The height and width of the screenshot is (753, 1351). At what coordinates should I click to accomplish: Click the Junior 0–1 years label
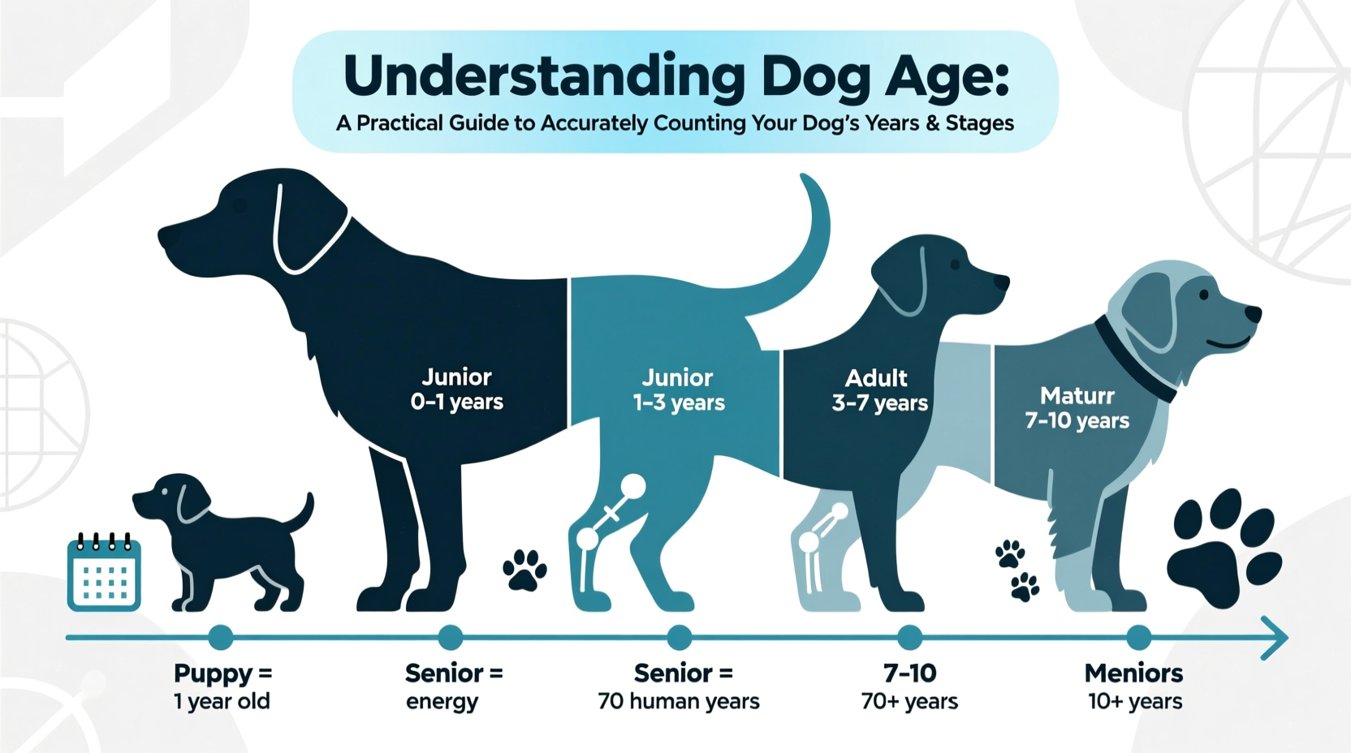456,389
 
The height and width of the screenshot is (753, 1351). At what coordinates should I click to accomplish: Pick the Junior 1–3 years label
679,390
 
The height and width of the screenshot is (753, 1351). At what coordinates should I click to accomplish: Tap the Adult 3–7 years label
879,390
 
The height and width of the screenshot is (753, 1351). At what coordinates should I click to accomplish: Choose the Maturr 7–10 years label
1077,408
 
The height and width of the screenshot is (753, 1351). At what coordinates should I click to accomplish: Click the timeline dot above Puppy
221,638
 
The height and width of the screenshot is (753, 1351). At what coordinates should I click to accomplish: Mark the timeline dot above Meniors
1138,638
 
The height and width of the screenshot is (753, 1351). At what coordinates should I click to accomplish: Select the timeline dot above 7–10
909,638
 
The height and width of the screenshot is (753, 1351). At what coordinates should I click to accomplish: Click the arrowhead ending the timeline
1276,638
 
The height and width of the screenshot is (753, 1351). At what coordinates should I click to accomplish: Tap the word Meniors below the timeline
1133,673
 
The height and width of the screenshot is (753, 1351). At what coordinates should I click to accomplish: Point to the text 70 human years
679,701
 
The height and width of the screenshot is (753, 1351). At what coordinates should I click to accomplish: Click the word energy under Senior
442,702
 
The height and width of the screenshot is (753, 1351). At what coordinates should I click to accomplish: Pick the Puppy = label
223,673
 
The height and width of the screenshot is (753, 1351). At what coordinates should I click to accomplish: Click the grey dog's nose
1253,313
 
